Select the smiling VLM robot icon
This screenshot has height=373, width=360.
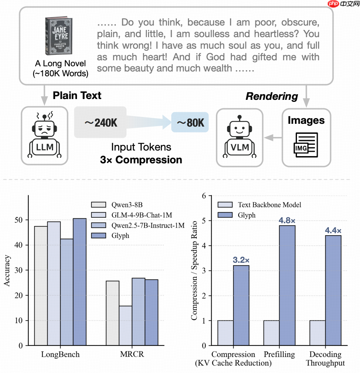(239, 136)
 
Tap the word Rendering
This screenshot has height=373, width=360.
(271, 96)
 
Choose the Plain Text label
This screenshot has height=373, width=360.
(77, 95)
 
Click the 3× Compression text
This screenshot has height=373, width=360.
(141, 160)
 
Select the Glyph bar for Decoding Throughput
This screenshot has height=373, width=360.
(333, 290)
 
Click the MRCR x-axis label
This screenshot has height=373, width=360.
(132, 354)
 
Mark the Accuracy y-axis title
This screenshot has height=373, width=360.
(8, 271)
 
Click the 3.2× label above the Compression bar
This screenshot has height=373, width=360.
(241, 260)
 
